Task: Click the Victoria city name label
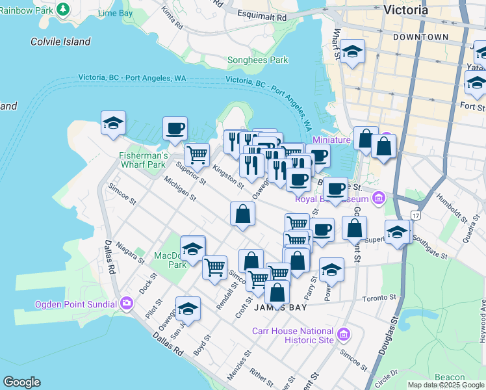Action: click(405, 10)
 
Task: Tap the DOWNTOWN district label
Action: click(420, 38)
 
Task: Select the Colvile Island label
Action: click(60, 42)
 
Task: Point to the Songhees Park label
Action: click(257, 60)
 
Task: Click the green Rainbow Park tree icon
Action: click(63, 9)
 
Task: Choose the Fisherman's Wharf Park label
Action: click(144, 160)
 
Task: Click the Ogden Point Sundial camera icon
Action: click(126, 303)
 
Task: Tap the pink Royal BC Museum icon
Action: click(378, 198)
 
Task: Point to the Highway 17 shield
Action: click(416, 214)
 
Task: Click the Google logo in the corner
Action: click(21, 382)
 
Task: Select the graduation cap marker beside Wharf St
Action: click(352, 53)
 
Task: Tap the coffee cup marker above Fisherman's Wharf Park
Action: click(175, 128)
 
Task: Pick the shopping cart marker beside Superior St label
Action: click(197, 155)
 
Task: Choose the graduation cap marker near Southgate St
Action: click(398, 231)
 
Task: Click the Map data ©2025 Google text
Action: click(446, 385)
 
